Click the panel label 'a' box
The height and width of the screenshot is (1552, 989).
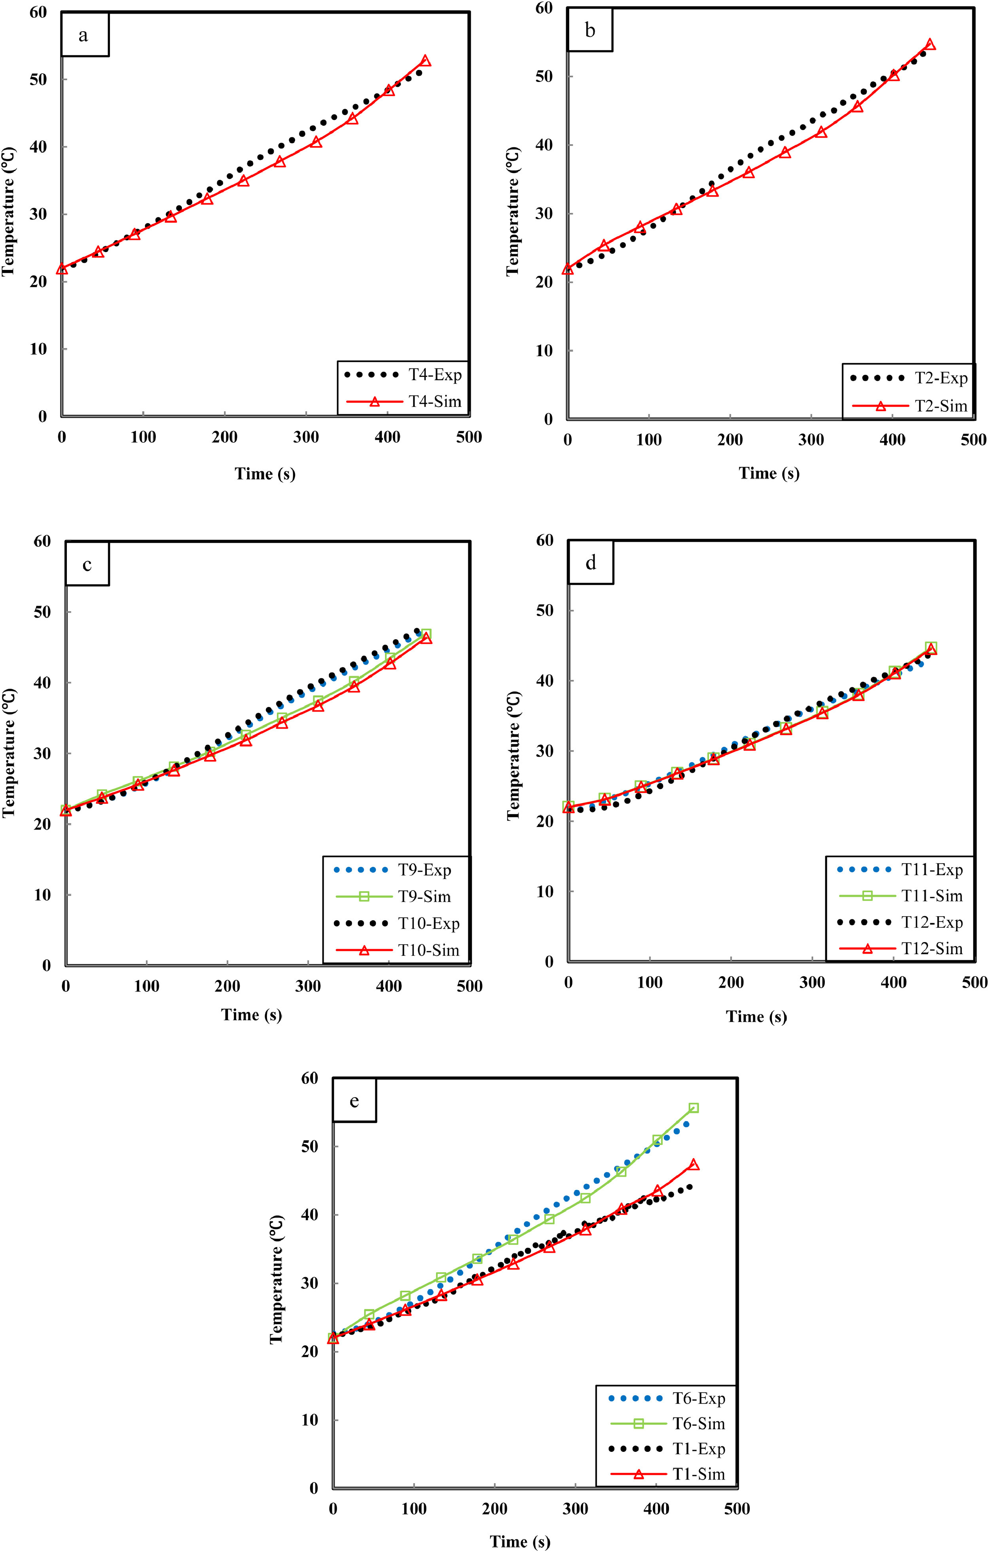point(84,35)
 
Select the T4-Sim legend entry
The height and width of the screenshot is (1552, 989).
point(404,401)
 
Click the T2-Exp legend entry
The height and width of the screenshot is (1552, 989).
point(908,378)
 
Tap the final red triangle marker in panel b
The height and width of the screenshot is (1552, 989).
point(930,44)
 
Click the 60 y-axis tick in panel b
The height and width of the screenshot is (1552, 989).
point(544,8)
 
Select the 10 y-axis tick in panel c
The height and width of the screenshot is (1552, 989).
point(42,895)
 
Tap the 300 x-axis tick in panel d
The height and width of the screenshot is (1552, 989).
point(813,982)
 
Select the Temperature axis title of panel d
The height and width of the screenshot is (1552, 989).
point(513,755)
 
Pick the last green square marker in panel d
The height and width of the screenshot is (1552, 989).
point(931,647)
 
